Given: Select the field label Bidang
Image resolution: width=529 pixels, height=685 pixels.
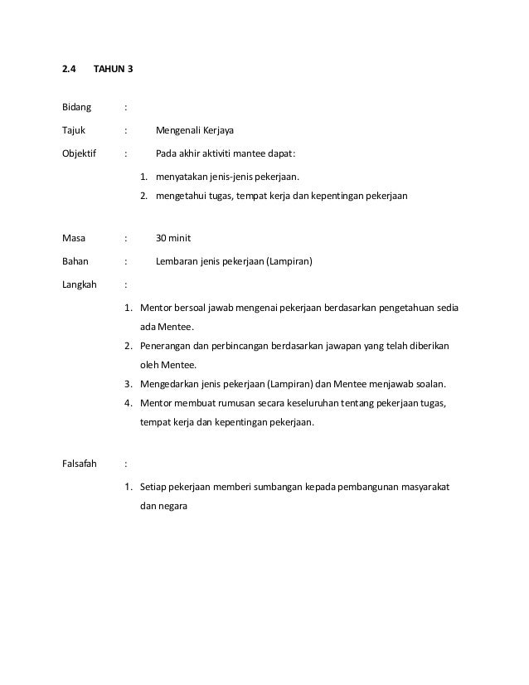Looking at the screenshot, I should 77,107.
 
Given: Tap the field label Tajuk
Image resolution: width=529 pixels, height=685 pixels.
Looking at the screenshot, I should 74,130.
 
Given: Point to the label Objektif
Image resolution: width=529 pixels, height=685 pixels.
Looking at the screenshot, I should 80,153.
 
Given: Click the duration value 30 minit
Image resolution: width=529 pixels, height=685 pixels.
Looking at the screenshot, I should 173,238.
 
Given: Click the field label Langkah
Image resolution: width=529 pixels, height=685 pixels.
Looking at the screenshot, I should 80,284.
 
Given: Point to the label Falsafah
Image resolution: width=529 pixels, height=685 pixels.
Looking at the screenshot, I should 80,464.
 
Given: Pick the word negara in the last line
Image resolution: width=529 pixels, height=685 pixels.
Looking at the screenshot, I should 173,507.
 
